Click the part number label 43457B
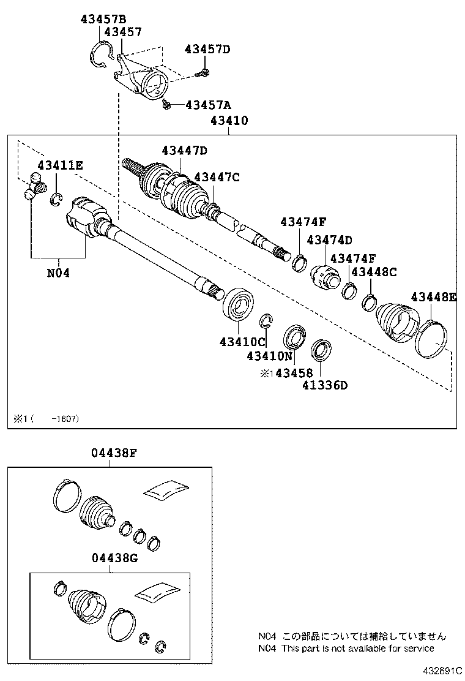pyautogui.click(x=103, y=19)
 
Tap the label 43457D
pyautogui.click(x=207, y=49)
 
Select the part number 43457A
pyautogui.click(x=209, y=105)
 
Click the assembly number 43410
pyautogui.click(x=229, y=121)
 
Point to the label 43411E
pyautogui.click(x=59, y=165)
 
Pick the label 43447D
pyautogui.click(x=185, y=151)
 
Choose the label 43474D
pyautogui.click(x=330, y=240)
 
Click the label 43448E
pyautogui.click(x=433, y=297)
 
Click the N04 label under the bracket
pyautogui.click(x=58, y=273)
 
